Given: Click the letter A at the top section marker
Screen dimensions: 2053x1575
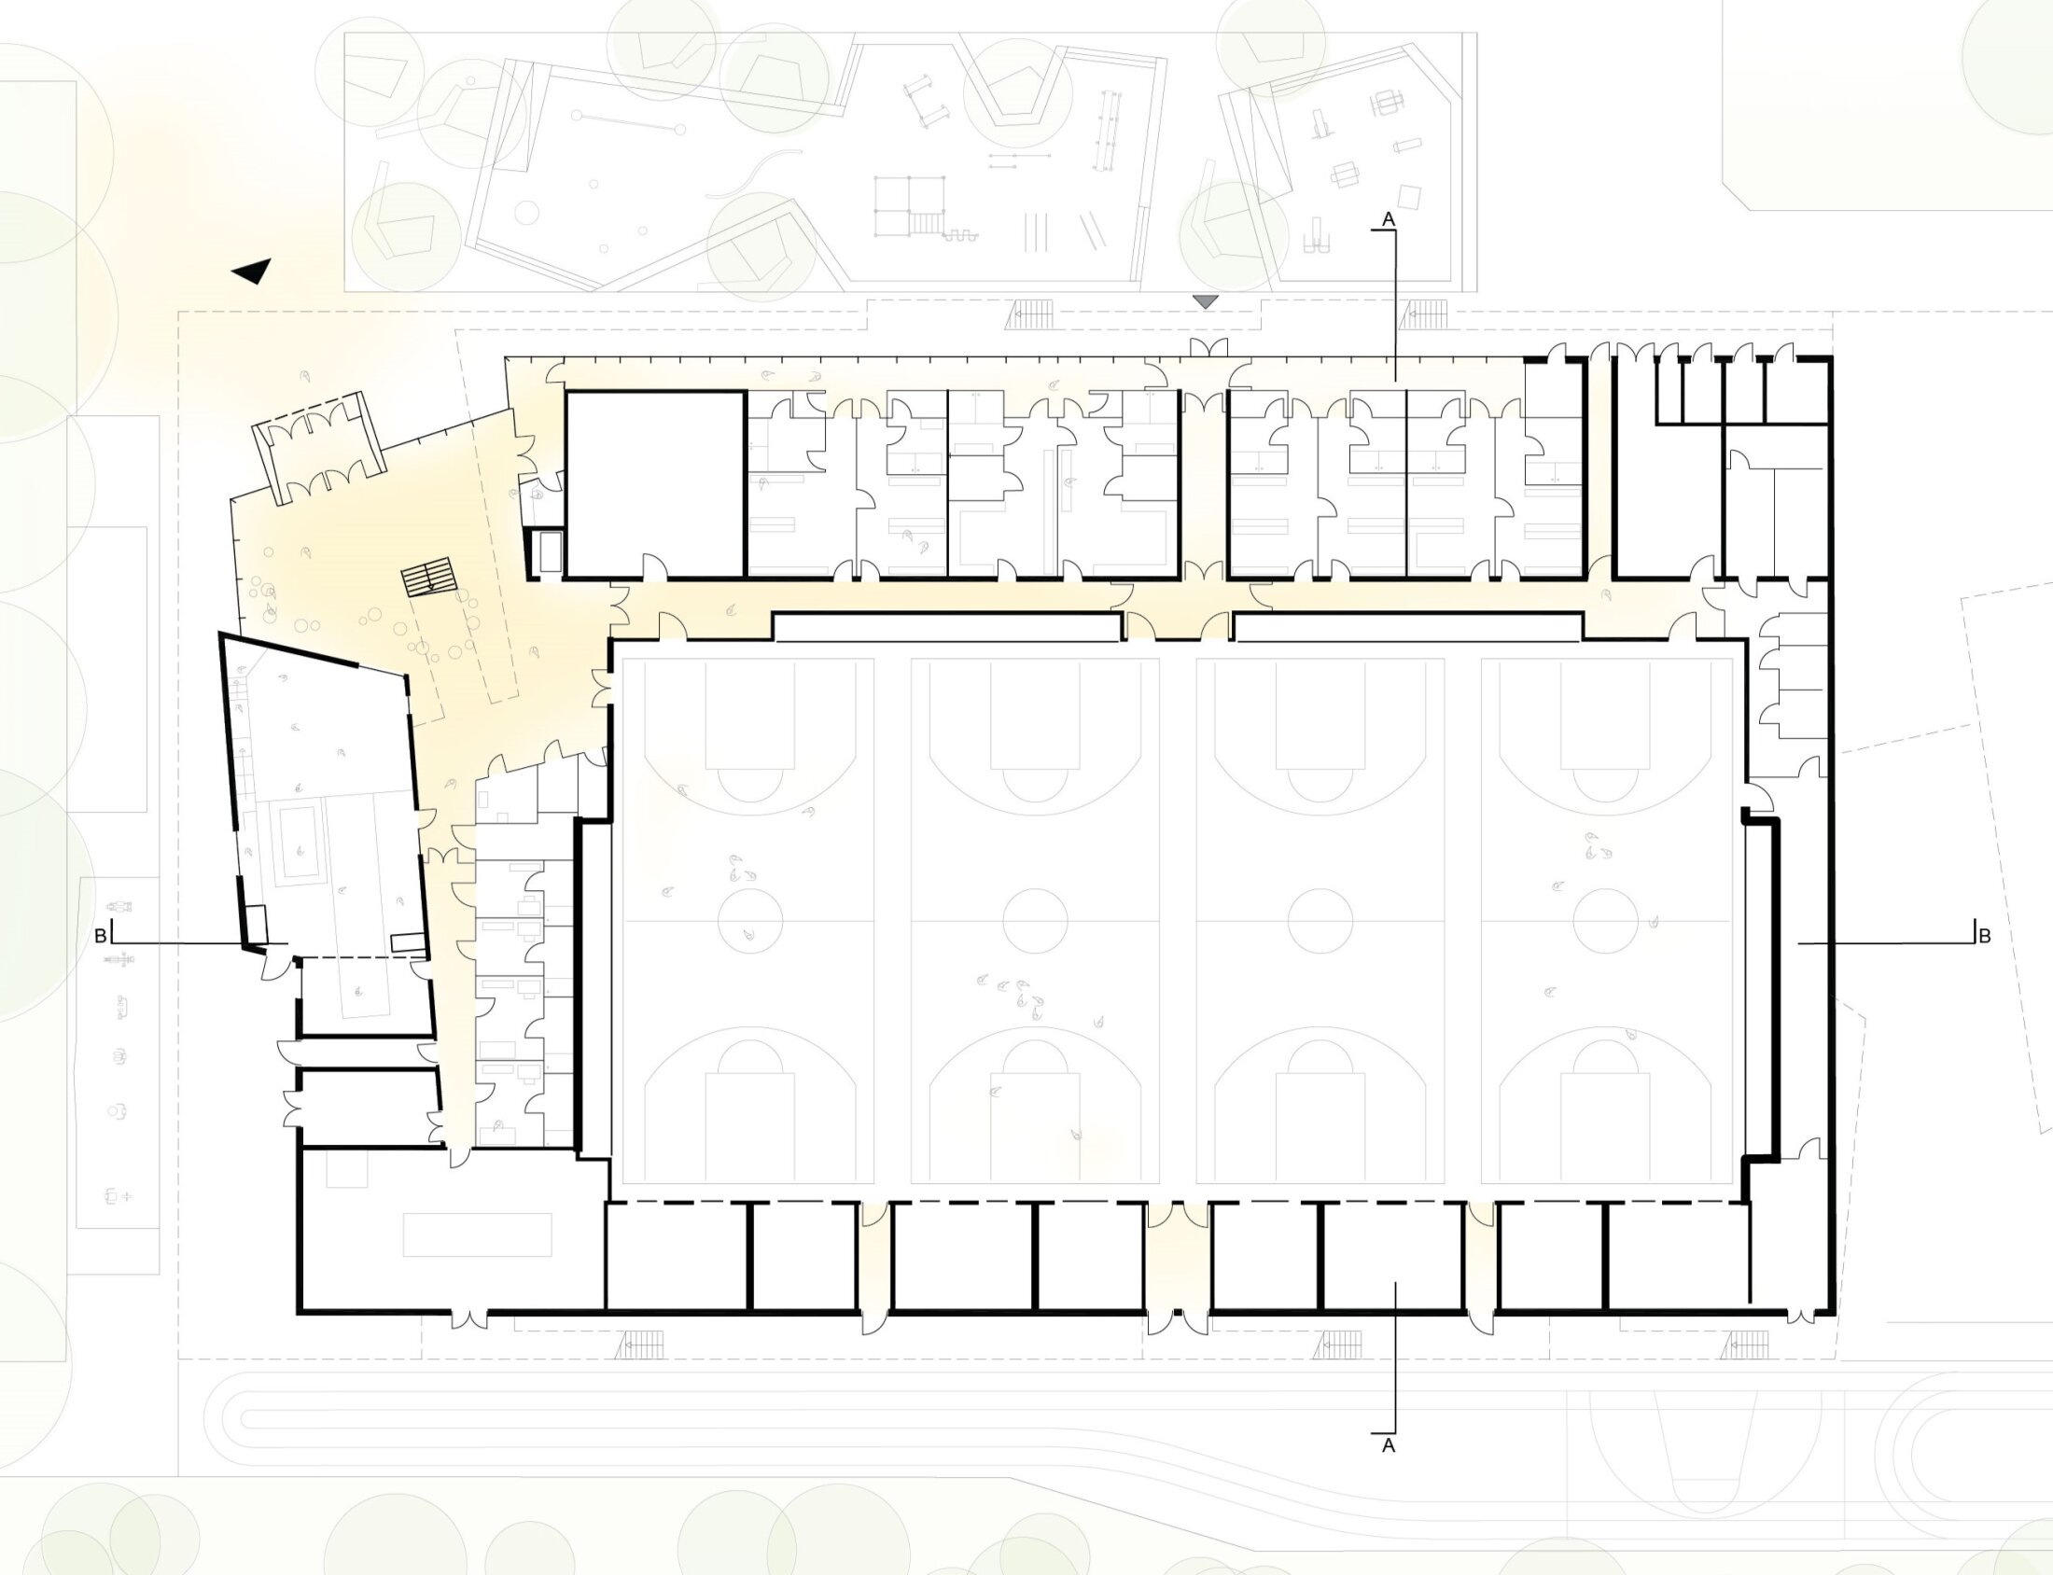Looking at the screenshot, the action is coord(1389,218).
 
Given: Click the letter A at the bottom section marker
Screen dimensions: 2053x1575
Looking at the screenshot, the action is coord(1389,1444).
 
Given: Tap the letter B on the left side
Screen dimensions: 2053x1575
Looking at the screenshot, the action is coord(99,936).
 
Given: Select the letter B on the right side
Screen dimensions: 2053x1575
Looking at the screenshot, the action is coord(1984,936).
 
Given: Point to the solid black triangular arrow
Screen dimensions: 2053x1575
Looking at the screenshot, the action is coord(253,271).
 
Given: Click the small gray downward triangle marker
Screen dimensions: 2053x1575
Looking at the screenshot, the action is coord(1205,302).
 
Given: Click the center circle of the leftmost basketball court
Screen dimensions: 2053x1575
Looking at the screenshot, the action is coord(749,921).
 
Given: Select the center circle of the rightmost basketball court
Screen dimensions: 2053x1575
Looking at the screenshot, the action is coord(1606,921).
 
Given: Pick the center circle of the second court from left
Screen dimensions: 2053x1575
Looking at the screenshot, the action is coord(1035,921).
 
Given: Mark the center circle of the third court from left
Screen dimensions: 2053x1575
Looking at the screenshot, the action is coord(1320,921).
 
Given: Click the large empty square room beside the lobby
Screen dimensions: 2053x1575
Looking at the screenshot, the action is coord(655,483).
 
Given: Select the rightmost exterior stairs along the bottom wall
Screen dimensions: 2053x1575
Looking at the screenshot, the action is coord(1746,1345).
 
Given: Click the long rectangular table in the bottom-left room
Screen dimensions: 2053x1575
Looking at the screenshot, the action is coord(477,1234).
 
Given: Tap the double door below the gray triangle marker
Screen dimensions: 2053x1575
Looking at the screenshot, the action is coord(1208,348).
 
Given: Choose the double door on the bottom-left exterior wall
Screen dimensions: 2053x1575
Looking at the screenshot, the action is coord(468,1317).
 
